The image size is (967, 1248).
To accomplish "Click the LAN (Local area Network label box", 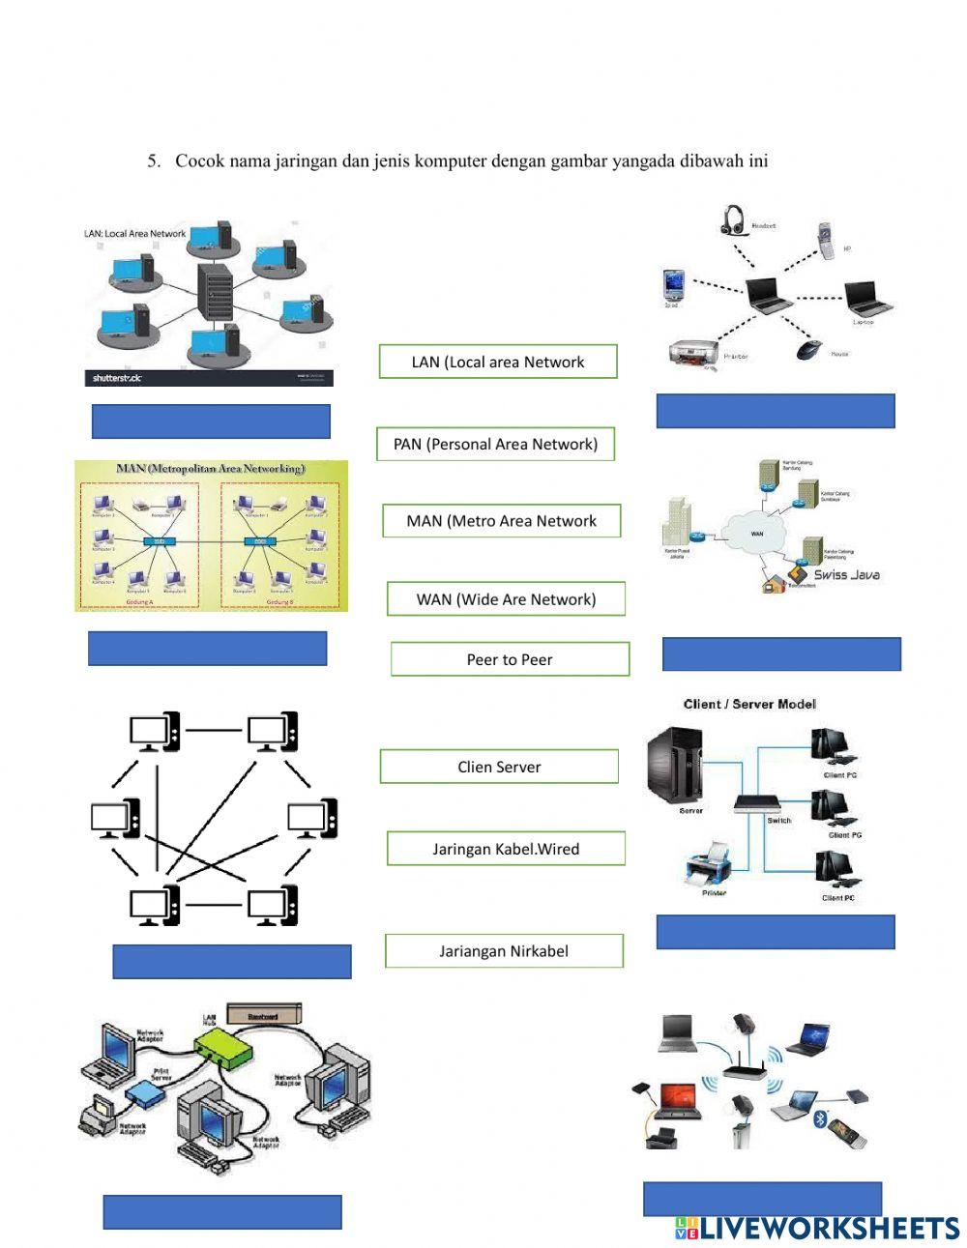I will coord(498,362).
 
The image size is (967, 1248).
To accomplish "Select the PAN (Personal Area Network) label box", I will coord(495,444).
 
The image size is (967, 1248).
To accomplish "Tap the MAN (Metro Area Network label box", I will coord(501,521).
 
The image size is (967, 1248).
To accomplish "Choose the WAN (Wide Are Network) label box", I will coord(506,598).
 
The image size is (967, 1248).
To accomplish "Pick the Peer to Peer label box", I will coord(510,659).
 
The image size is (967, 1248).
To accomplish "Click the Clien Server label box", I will coord(499,767).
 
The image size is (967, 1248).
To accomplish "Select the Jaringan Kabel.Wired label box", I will coord(506,849).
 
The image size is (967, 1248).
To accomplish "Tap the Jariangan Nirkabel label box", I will coord(504,950).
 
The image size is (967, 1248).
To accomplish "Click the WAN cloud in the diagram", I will coord(755,532).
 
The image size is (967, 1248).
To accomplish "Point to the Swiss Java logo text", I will coord(845,574).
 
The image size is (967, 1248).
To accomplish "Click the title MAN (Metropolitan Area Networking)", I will coord(210,469).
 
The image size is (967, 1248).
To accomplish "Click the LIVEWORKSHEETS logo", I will coord(816,1228).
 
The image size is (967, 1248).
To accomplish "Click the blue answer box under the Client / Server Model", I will coord(775,932).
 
